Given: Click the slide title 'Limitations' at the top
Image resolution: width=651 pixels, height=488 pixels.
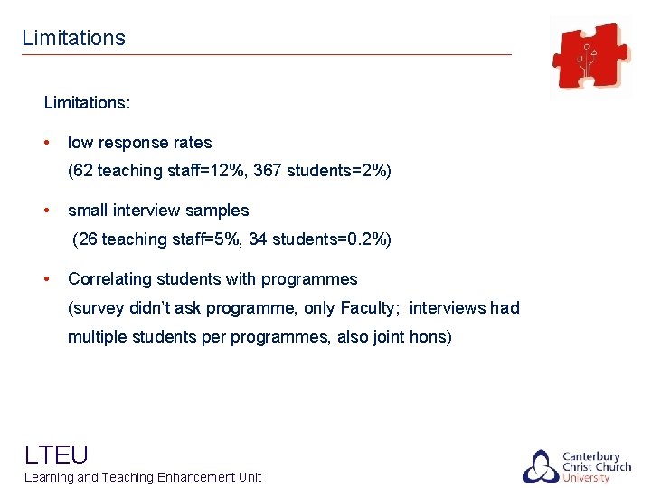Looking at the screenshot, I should click(x=73, y=38).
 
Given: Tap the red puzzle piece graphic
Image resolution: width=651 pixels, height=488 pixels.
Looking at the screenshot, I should click(x=591, y=56).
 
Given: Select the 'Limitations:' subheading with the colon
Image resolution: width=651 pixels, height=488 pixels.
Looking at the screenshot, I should click(x=87, y=102).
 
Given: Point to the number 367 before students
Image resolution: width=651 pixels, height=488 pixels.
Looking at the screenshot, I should click(x=268, y=171).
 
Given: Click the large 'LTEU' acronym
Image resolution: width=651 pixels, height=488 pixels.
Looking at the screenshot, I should click(x=56, y=454).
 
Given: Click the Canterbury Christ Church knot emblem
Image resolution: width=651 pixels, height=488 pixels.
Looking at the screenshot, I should click(x=540, y=466).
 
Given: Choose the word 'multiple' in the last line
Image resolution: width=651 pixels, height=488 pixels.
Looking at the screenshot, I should click(x=96, y=337).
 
